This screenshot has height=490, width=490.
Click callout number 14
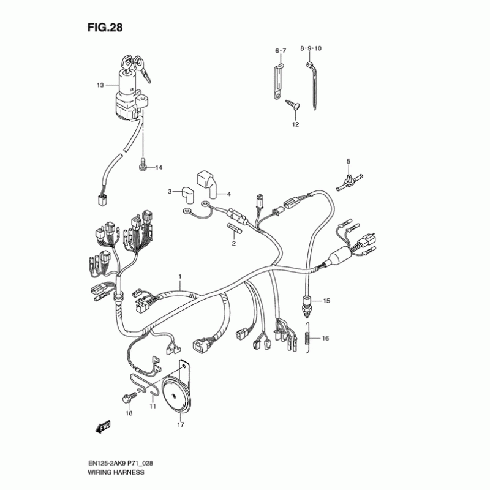click(x=158, y=167)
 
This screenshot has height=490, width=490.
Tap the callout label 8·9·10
click(x=315, y=48)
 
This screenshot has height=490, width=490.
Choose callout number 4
click(x=228, y=194)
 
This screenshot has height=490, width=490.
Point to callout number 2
click(x=233, y=243)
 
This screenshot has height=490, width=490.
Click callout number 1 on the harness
click(x=180, y=277)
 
